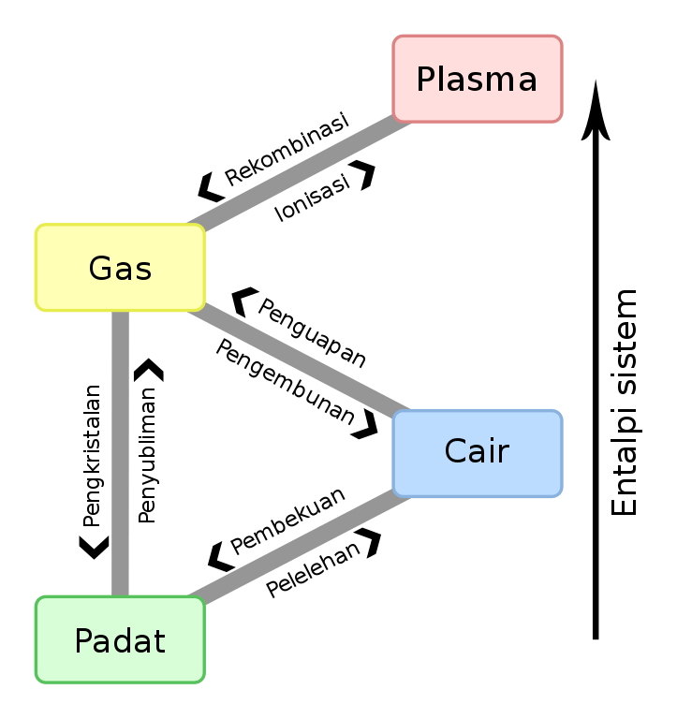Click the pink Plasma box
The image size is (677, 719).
coord(478,79)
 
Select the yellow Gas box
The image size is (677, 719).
coord(120,268)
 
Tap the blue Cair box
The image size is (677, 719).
coord(478,453)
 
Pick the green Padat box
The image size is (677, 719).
coord(120,640)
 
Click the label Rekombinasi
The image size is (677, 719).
coord(287,149)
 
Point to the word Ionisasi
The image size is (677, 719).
coord(313,198)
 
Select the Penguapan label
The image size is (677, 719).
coord(312,332)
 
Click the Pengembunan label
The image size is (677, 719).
coord(286,382)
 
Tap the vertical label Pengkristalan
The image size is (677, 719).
coord(92,456)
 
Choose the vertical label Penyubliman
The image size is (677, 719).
coord(147,455)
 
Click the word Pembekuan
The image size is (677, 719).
coord(287,521)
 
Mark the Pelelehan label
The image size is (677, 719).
coord(314,570)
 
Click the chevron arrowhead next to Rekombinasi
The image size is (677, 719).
coord(210,187)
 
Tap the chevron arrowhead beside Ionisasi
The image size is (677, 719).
coord(363,175)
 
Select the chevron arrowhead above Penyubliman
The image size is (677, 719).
coord(149,369)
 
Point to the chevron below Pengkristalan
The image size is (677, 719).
coord(94,548)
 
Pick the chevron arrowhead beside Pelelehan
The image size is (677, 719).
coord(370,542)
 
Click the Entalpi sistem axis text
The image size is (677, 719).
coord(625,403)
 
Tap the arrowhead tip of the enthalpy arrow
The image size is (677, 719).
coord(596,81)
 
